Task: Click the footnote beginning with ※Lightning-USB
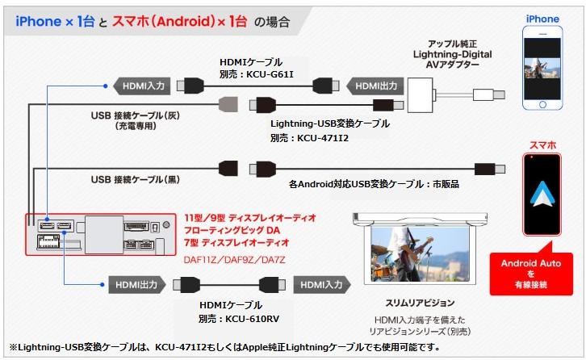[226, 347]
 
